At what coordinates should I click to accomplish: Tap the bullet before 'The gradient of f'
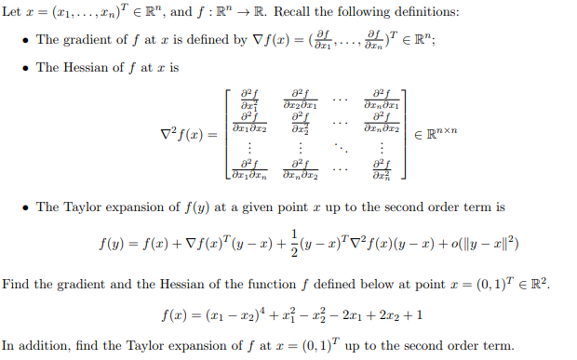pos(26,40)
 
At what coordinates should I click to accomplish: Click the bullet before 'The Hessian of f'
pos(26,68)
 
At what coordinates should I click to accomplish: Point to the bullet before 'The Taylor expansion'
pos(26,207)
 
